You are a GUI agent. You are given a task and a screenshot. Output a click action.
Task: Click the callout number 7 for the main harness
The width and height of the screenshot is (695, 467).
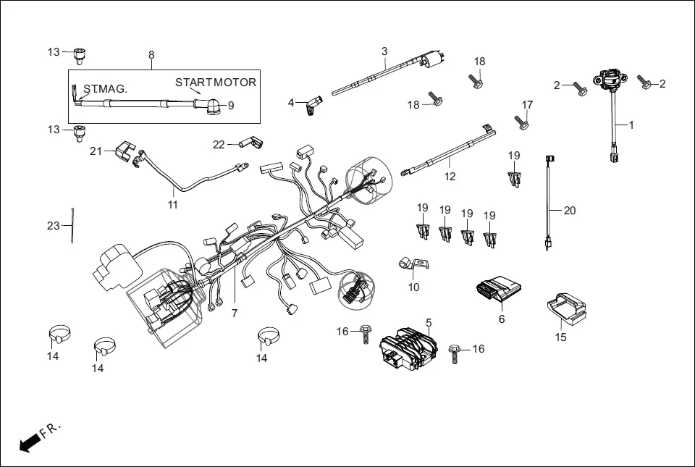point(234,314)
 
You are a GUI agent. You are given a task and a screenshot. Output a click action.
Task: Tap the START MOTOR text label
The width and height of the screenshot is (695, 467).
point(216,83)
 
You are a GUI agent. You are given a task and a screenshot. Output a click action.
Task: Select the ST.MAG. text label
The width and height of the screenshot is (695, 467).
point(105,88)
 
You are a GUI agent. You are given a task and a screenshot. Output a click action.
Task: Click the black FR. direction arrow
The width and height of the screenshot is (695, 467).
point(29,442)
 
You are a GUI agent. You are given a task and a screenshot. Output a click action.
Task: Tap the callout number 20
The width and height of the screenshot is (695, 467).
point(570,211)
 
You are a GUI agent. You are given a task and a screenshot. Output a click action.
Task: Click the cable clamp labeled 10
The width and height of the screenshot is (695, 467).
point(409,266)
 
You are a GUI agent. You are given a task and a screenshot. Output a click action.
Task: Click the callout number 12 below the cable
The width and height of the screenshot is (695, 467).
point(450,176)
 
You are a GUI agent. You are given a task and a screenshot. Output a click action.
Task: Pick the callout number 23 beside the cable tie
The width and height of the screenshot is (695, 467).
point(54,226)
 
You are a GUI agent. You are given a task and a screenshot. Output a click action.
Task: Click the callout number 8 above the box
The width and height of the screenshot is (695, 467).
point(151,55)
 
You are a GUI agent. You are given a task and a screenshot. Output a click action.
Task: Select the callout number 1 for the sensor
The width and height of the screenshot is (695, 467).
point(631,125)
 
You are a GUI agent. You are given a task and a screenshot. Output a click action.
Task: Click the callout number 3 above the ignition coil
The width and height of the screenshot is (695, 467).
point(384,51)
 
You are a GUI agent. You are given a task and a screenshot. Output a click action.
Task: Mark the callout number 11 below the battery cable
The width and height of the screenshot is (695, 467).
point(172,205)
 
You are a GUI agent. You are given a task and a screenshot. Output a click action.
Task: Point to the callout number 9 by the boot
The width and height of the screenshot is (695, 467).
point(231,106)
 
